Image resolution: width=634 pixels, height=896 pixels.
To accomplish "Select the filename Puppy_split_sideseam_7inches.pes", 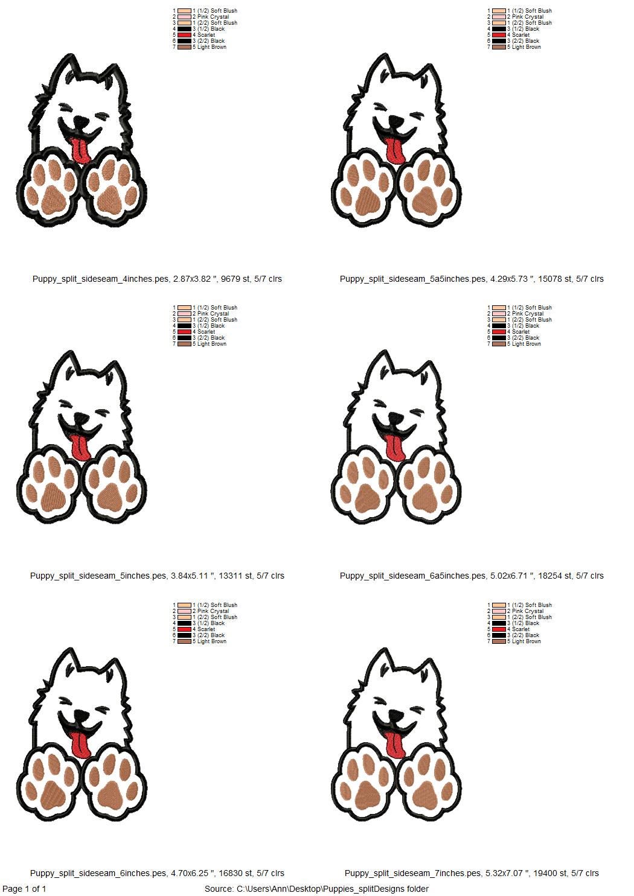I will pyautogui.click(x=413, y=872).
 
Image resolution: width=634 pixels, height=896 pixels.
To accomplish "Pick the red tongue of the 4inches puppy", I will pyautogui.click(x=79, y=150).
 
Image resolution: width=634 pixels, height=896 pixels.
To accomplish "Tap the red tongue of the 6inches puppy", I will pyautogui.click(x=81, y=745).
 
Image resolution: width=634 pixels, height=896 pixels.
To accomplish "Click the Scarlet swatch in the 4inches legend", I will pyautogui.click(x=184, y=35).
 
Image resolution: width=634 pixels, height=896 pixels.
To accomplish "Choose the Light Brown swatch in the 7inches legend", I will pyautogui.click(x=499, y=641).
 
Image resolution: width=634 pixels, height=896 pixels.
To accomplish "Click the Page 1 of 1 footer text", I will pyautogui.click(x=24, y=889).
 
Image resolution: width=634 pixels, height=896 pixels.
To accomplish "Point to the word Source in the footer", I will pyautogui.click(x=219, y=889).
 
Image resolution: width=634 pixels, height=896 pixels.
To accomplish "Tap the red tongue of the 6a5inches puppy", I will pyautogui.click(x=395, y=448).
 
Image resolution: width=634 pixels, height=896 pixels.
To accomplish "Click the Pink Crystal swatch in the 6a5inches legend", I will pyautogui.click(x=499, y=314).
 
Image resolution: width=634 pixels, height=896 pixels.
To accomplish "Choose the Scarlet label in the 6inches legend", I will pyautogui.click(x=207, y=629).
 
